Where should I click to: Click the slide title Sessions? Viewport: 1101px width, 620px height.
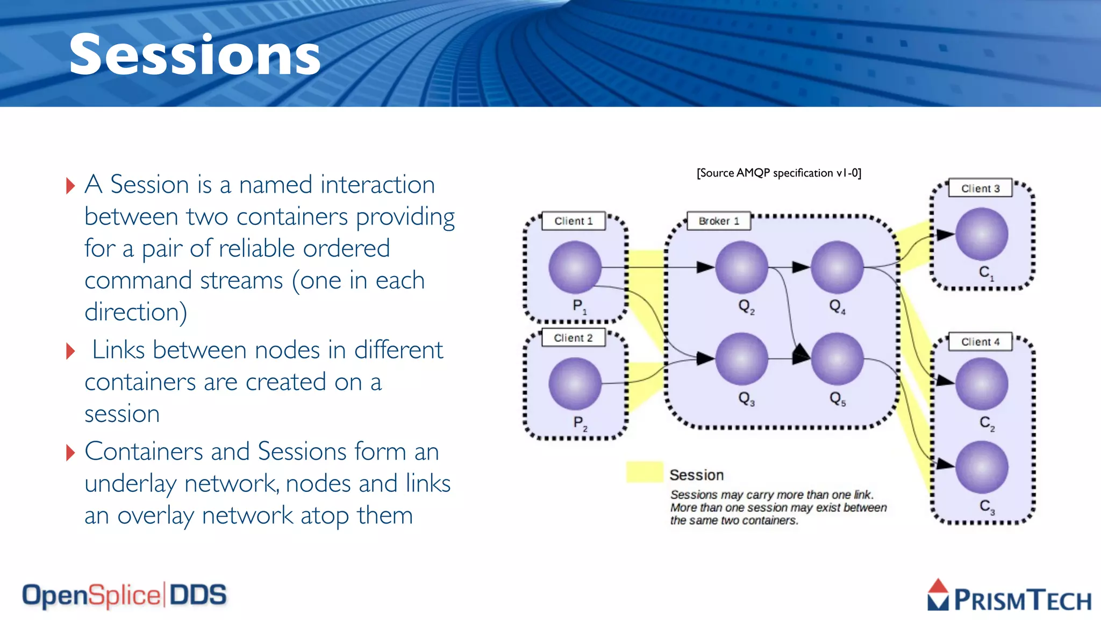pyautogui.click(x=195, y=55)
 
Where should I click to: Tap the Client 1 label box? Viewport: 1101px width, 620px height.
pyautogui.click(x=574, y=221)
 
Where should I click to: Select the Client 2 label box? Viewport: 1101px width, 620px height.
pyautogui.click(x=574, y=337)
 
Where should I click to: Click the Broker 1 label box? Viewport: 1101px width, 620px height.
pyautogui.click(x=719, y=221)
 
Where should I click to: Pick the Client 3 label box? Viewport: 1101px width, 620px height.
pyautogui.click(x=980, y=188)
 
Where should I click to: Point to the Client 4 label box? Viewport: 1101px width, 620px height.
pyautogui.click(x=980, y=342)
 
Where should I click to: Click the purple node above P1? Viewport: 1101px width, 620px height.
pyautogui.click(x=575, y=267)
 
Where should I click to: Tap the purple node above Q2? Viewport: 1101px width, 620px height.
pyautogui.click(x=742, y=267)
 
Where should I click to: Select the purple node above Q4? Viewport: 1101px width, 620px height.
pyautogui.click(x=837, y=267)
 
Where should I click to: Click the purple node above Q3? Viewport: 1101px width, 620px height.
pyautogui.click(x=742, y=358)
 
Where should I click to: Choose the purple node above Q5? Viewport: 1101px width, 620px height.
pyautogui.click(x=837, y=358)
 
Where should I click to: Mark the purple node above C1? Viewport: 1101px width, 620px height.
pyautogui.click(x=982, y=234)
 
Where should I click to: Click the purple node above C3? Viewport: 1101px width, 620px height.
pyautogui.click(x=982, y=467)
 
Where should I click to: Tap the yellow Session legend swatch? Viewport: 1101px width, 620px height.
pyautogui.click(x=645, y=471)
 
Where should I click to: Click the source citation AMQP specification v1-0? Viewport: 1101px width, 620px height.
pyautogui.click(x=779, y=173)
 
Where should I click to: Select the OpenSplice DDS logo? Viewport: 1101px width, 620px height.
pyautogui.click(x=124, y=595)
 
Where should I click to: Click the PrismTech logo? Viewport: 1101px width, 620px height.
pyautogui.click(x=1009, y=596)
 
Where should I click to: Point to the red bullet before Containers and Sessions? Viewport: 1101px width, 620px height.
pyautogui.click(x=70, y=453)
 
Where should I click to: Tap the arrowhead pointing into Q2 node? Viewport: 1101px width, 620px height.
pyautogui.click(x=705, y=267)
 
